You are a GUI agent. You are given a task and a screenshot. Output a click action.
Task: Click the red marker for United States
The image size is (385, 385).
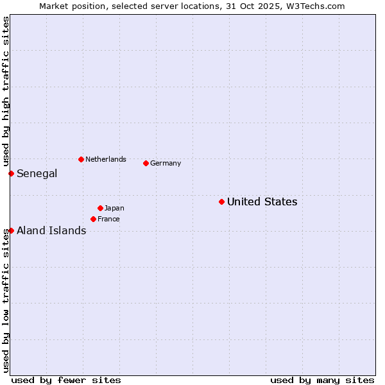click(x=221, y=201)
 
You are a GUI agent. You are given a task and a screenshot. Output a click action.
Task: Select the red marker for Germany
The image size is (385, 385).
click(x=146, y=163)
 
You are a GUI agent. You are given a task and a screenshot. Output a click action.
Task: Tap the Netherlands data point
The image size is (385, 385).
click(x=81, y=159)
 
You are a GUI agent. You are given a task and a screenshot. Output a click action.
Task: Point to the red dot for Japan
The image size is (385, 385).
click(x=100, y=208)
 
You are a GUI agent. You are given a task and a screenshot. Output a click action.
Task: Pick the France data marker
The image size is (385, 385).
click(x=93, y=219)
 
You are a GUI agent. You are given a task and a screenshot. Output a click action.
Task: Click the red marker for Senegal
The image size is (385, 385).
click(x=11, y=173)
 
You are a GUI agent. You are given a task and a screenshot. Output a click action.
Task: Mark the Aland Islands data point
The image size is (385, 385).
click(x=11, y=230)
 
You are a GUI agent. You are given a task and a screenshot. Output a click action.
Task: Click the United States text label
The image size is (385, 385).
click(x=262, y=201)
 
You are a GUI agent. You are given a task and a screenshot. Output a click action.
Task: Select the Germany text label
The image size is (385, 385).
click(x=166, y=163)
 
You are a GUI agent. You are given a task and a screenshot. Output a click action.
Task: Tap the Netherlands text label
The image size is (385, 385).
click(x=105, y=159)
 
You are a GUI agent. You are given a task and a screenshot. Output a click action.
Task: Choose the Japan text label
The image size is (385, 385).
click(x=114, y=208)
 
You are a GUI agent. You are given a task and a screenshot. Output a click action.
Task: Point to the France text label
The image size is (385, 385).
click(x=108, y=219)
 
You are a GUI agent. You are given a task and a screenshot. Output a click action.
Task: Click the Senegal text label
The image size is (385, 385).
click(x=37, y=173)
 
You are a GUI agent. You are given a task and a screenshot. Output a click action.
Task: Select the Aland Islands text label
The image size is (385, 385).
click(x=51, y=230)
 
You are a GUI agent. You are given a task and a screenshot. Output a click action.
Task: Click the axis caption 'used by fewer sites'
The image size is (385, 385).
click(x=66, y=380)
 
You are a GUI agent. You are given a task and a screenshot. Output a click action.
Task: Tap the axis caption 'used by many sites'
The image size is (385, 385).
click(x=322, y=380)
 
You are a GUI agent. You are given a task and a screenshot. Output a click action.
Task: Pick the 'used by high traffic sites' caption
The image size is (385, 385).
click(x=6, y=92)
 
